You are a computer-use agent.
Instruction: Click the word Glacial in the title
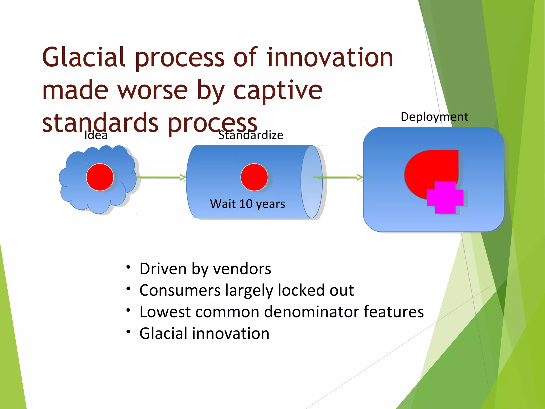84,58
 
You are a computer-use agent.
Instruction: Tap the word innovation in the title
330,58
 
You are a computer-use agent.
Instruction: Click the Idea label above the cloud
96,135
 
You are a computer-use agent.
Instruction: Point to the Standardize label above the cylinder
251,135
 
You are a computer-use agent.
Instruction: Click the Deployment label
434,117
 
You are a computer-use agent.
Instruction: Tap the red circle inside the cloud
100,177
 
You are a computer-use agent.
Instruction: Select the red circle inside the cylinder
254,177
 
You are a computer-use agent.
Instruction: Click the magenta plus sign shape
445,198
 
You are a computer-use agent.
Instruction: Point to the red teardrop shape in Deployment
426,170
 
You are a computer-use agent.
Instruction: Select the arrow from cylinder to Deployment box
338,177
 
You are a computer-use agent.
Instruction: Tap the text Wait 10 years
247,204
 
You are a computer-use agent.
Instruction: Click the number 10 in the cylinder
246,204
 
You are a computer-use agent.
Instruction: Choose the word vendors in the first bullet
242,269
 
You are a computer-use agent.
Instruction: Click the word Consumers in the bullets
180,290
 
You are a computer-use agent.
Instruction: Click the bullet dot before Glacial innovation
129,332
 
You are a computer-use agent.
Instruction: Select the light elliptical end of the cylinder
311,182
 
